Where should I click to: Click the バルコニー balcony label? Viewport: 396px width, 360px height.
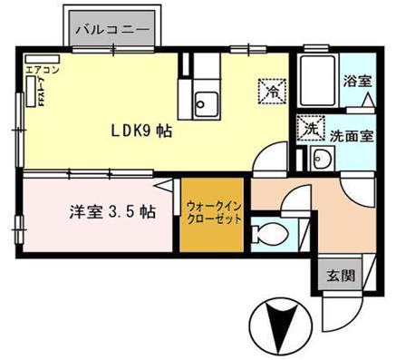[113, 30]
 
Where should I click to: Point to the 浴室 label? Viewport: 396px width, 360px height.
[356, 81]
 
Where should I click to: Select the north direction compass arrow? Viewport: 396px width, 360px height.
[279, 324]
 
